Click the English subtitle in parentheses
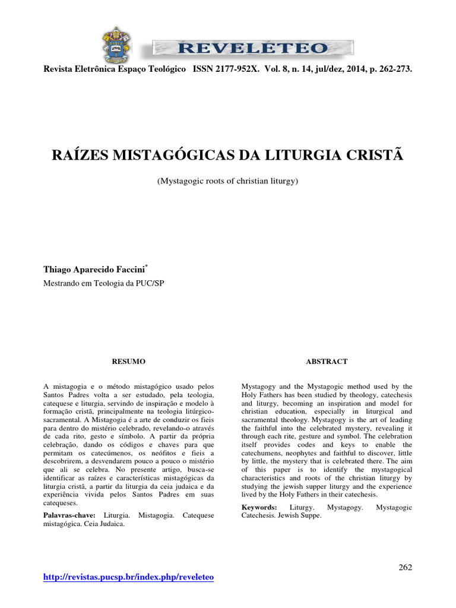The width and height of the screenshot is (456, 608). tap(227, 180)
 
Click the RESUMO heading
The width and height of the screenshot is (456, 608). tap(129, 362)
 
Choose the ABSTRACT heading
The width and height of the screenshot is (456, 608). tap(327, 362)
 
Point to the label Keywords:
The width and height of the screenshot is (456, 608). tap(259, 507)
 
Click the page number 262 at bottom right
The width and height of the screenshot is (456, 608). tap(405, 567)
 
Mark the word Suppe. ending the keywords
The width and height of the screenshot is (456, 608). tap(309, 515)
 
